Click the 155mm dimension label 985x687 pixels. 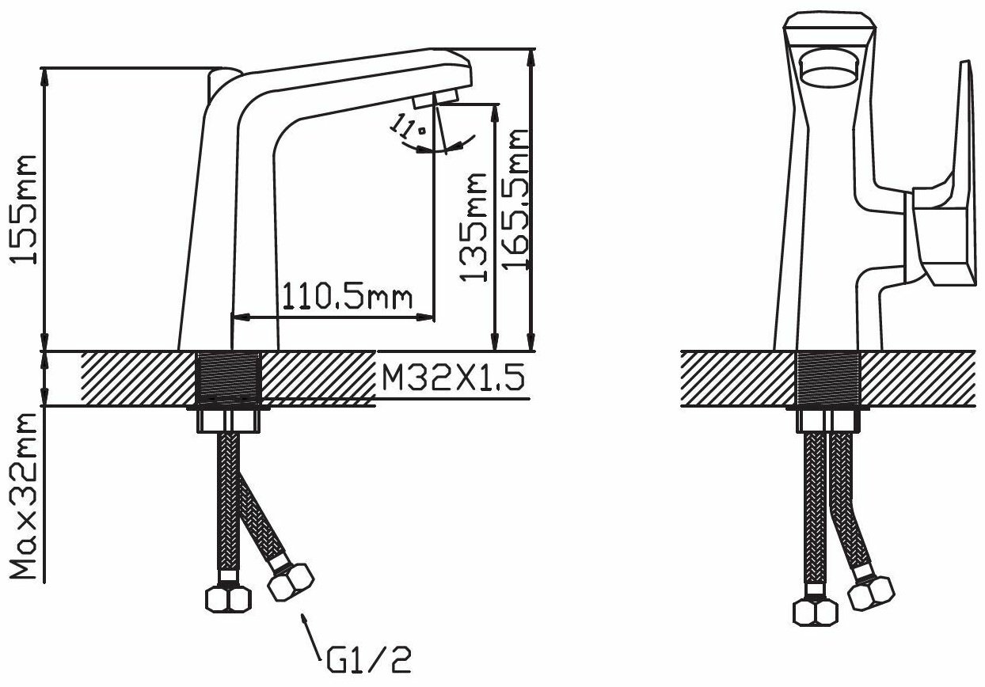[24, 209]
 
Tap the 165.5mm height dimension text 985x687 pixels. [515, 199]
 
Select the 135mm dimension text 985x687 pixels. [473, 227]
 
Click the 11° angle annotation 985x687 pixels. [408, 126]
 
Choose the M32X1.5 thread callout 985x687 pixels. [454, 378]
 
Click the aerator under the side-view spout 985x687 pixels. [435, 98]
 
